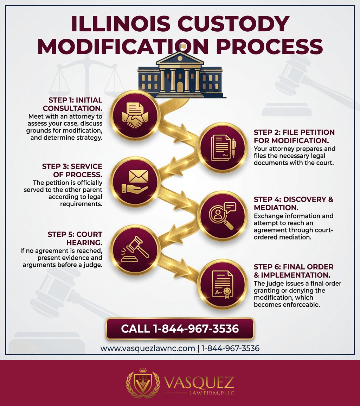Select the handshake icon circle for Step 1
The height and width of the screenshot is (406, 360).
click(x=135, y=114)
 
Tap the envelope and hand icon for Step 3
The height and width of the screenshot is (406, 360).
click(x=135, y=181)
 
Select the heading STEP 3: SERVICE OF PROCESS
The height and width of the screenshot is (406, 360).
click(x=72, y=171)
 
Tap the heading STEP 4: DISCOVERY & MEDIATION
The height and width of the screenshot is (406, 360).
click(x=293, y=204)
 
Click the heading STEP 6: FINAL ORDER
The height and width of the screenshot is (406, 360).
click(x=293, y=271)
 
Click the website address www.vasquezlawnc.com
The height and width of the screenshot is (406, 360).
click(x=148, y=348)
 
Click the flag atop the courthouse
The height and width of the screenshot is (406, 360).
click(x=182, y=46)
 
